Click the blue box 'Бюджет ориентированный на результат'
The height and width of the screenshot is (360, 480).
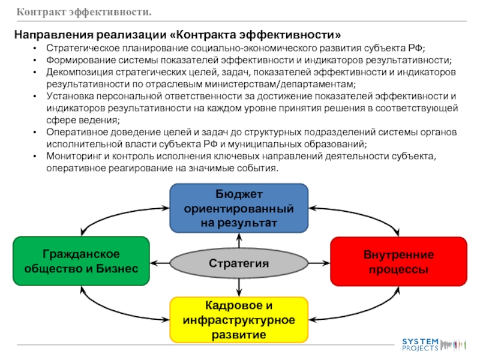239,208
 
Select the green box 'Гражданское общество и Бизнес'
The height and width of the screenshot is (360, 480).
81,260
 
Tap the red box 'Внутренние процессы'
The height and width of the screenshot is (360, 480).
398,260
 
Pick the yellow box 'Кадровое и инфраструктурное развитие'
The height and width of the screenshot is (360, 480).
239,319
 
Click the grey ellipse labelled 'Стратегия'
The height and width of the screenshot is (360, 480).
239,263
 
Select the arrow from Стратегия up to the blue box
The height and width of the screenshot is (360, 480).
239,241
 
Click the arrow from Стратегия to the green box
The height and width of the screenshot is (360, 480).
160,262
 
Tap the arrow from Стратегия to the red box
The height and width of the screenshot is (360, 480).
317,262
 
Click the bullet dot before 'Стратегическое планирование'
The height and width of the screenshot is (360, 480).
37,49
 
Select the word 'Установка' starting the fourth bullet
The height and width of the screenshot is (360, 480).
68,97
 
